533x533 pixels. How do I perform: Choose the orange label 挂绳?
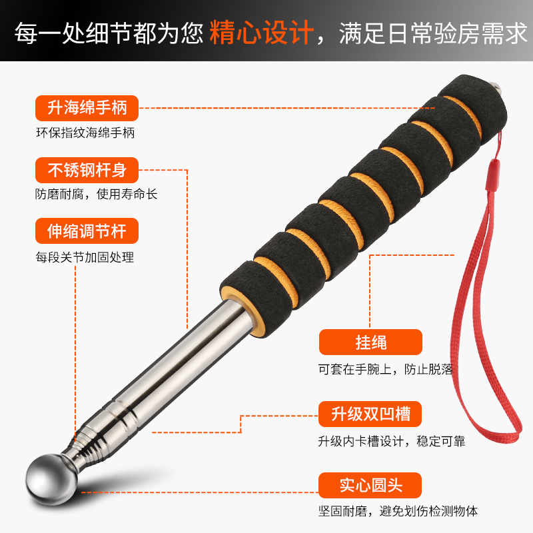[371, 343]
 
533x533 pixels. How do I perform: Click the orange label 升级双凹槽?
[371, 414]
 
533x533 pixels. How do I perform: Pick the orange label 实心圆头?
[371, 484]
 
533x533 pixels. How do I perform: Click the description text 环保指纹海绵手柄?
[85, 133]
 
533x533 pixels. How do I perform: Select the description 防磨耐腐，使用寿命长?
[97, 195]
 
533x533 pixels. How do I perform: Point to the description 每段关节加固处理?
[85, 257]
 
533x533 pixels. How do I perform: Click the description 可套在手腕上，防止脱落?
[390, 368]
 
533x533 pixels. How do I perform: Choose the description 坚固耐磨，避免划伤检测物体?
[398, 511]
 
